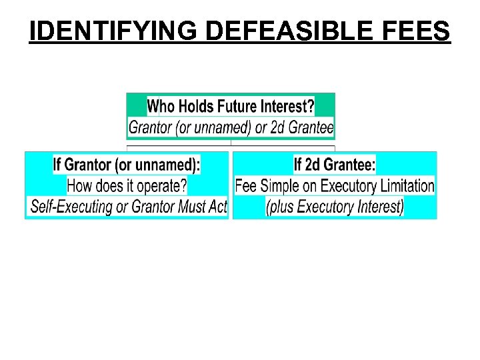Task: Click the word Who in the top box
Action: (x=160, y=106)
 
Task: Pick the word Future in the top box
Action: (x=240, y=106)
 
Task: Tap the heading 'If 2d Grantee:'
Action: (x=334, y=164)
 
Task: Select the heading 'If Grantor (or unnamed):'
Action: (x=127, y=164)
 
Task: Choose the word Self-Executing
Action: (x=71, y=206)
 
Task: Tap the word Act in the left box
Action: (x=218, y=206)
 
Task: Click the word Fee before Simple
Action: (x=246, y=185)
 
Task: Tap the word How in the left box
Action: (x=80, y=185)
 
